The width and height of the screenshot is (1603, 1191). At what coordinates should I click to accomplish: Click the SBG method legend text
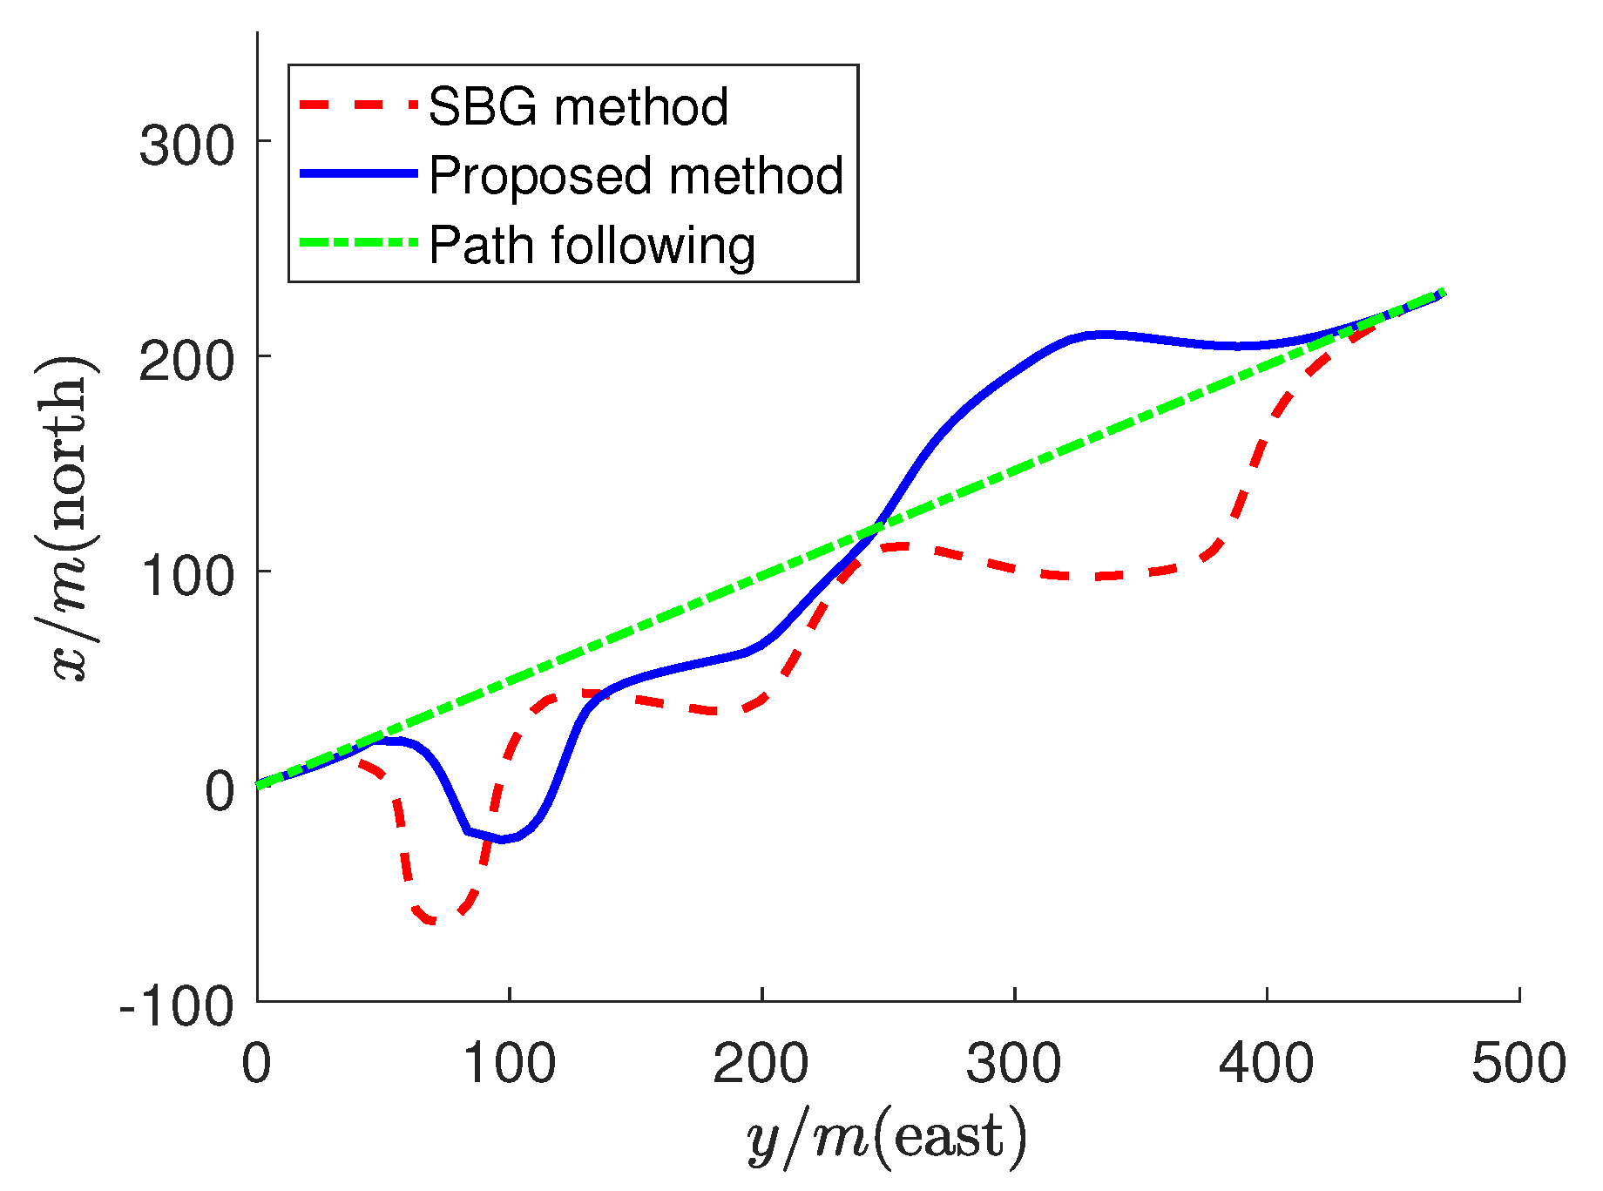(578, 107)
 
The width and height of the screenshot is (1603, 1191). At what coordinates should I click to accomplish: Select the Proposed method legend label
(636, 176)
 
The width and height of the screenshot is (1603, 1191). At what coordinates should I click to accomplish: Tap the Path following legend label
(592, 246)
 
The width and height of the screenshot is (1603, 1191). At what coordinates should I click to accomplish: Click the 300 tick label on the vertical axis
(187, 144)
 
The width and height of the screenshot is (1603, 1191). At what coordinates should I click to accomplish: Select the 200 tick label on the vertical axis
(187, 359)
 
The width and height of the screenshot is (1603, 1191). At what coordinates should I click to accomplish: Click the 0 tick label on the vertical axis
(220, 790)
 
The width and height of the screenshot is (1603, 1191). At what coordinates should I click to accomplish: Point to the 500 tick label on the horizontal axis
(1518, 1064)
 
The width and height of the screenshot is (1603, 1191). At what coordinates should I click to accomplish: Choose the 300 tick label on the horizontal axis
(1013, 1064)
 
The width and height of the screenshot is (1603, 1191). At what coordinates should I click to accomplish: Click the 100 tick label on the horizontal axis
(509, 1064)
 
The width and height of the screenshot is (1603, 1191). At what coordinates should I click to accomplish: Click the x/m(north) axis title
(68, 518)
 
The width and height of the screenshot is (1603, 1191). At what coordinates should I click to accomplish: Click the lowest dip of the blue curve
(501, 839)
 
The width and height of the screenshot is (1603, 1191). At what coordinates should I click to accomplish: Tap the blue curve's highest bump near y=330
(1102, 335)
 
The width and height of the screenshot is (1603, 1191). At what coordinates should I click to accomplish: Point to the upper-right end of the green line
(1444, 292)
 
